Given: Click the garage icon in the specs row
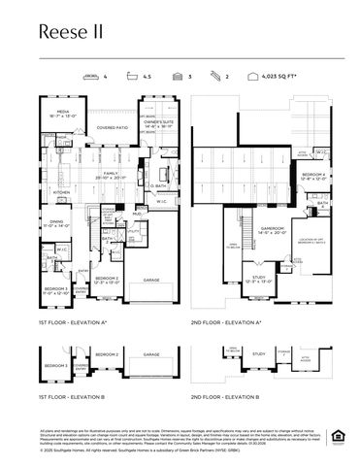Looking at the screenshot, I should click(x=178, y=75).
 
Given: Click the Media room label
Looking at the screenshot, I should click(x=61, y=115).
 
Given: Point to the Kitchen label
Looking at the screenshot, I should click(x=61, y=192).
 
